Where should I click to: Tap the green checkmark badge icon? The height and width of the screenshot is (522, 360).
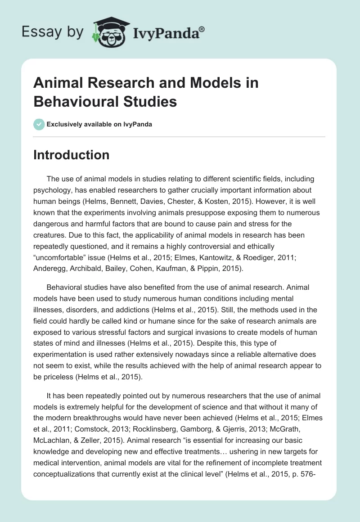point(39,124)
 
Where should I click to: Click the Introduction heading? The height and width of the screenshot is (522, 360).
point(71,155)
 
